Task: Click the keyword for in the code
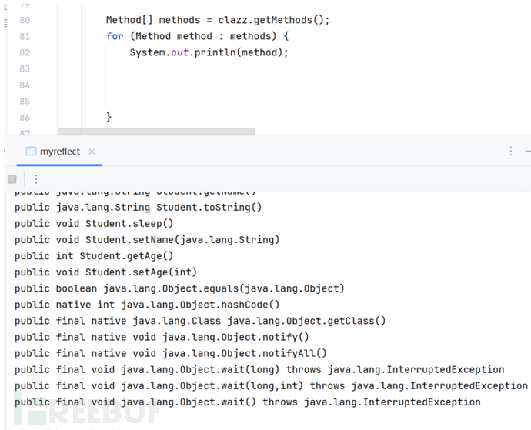[115, 36]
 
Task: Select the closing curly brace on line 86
[109, 117]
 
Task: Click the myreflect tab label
[59, 152]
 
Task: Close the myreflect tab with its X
[92, 152]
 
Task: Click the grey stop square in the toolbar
[12, 178]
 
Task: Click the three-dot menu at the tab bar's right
[510, 152]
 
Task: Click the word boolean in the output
[78, 288]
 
